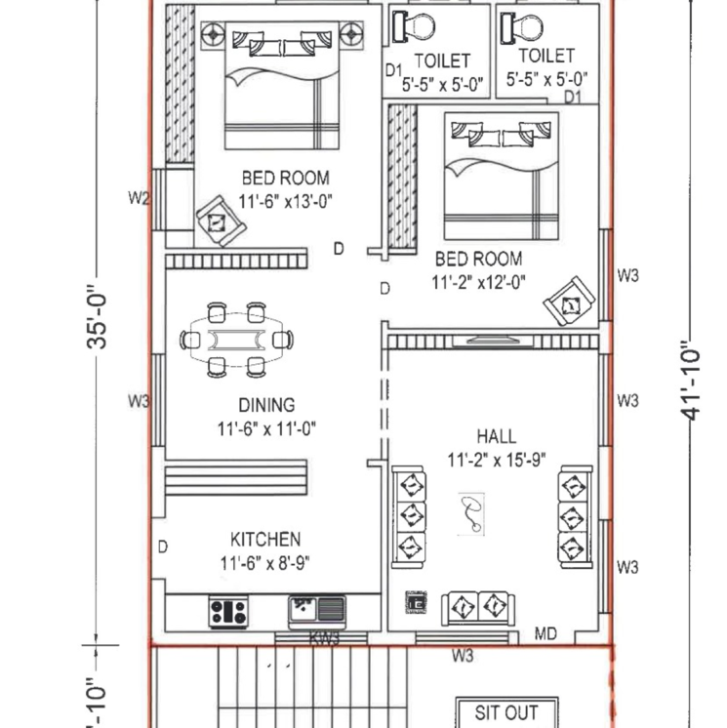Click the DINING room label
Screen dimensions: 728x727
tap(266, 405)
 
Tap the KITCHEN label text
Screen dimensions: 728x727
tap(264, 539)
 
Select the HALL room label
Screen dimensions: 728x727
tap(497, 436)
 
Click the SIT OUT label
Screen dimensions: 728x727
tap(506, 712)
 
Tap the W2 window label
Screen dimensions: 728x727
tap(139, 199)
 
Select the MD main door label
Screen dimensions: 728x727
tap(545, 634)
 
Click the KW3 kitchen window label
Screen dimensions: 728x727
tap(324, 639)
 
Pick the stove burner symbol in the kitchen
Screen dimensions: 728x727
tap(228, 612)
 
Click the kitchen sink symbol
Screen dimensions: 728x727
tap(316, 611)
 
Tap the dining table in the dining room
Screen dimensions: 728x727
tap(236, 340)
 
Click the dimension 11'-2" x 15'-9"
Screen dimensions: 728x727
tap(496, 460)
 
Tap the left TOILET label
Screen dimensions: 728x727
tap(441, 61)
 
